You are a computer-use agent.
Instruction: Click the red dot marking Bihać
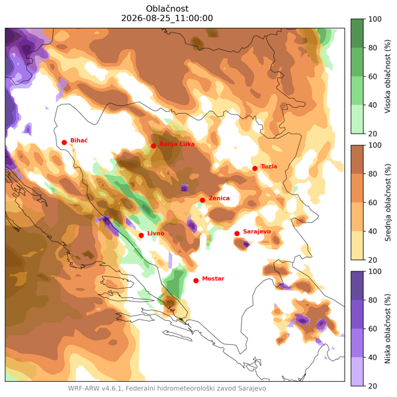click(x=64, y=142)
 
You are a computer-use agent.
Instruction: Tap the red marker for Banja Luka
click(x=154, y=146)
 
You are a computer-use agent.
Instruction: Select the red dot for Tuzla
click(x=255, y=169)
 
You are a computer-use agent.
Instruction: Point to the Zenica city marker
click(x=202, y=200)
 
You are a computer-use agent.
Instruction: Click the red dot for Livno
click(x=142, y=236)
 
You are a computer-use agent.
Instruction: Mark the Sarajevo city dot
click(x=237, y=234)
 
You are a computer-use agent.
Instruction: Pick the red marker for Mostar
click(x=196, y=281)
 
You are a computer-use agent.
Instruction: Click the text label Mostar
click(x=213, y=279)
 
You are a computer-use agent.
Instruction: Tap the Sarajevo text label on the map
click(x=257, y=232)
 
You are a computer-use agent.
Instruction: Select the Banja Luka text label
click(x=177, y=144)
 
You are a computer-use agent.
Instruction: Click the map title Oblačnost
click(x=167, y=9)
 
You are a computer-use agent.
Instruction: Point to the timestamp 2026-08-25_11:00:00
click(x=167, y=19)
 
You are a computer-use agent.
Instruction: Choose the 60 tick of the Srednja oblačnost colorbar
click(x=373, y=202)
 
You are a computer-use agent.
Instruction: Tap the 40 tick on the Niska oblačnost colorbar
click(x=373, y=357)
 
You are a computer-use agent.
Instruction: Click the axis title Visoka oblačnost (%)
click(x=388, y=76)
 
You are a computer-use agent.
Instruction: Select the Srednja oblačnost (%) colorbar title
click(x=388, y=202)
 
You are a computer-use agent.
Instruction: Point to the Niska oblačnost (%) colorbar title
click(x=388, y=329)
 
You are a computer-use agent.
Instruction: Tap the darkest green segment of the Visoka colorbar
click(x=357, y=33)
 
